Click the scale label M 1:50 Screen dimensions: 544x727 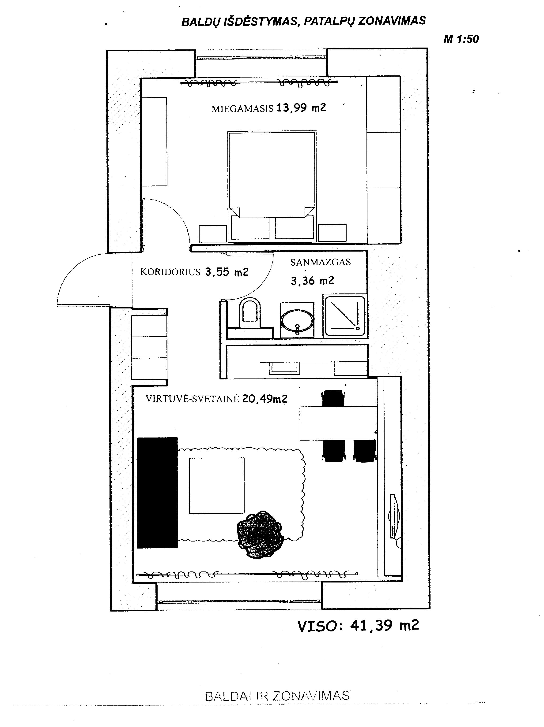pyautogui.click(x=461, y=39)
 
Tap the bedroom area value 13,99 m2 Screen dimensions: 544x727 pyautogui.click(x=301, y=108)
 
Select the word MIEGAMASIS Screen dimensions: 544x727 pyautogui.click(x=242, y=109)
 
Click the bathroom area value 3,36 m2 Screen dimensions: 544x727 pyautogui.click(x=312, y=281)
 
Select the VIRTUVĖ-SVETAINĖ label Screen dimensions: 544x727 pyautogui.click(x=193, y=399)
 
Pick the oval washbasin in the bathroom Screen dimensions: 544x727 pyautogui.click(x=297, y=320)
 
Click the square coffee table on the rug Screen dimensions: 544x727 pyautogui.click(x=217, y=486)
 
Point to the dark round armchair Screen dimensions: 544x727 pyautogui.click(x=260, y=534)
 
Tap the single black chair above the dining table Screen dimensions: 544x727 pyautogui.click(x=334, y=398)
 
